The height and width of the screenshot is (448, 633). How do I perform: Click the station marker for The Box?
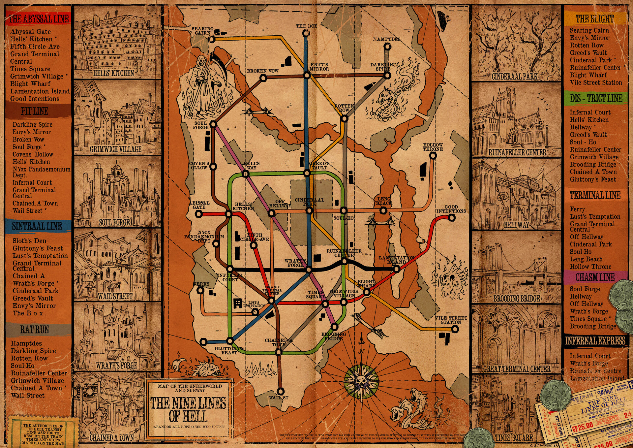(x=306, y=33)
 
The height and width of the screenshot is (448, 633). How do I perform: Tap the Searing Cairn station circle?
(x=211, y=40)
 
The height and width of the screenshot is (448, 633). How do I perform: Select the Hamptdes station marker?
(x=387, y=47)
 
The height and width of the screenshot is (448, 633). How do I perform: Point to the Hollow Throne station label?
(x=433, y=147)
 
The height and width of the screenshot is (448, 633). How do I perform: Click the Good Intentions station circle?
(x=452, y=218)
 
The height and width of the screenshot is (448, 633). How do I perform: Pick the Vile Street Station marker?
(x=455, y=329)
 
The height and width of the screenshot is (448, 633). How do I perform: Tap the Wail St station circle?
(x=280, y=391)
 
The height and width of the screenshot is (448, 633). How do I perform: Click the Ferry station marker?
(x=200, y=291)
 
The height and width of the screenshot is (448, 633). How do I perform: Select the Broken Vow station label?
(x=263, y=71)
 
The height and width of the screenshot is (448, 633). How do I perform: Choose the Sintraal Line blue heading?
(x=37, y=226)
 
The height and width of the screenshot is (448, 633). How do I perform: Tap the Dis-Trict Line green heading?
(x=596, y=98)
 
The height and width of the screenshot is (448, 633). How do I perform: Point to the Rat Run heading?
(x=35, y=330)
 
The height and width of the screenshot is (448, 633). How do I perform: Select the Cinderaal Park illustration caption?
(x=514, y=77)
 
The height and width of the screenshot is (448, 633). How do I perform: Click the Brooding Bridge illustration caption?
(x=516, y=299)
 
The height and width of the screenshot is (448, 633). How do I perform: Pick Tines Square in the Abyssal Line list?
(x=30, y=69)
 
